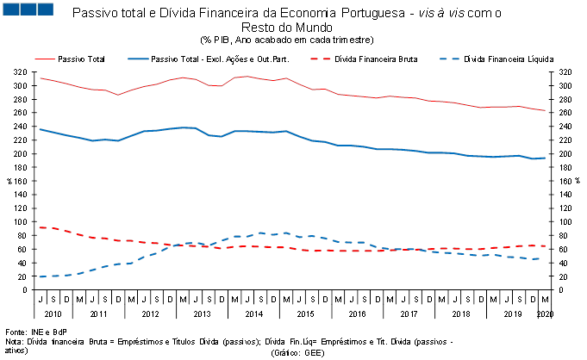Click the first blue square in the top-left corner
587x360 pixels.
click(x=10, y=9)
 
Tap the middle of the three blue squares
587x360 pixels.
click(x=28, y=9)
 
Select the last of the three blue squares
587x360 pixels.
click(x=45, y=9)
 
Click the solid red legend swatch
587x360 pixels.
click(x=45, y=59)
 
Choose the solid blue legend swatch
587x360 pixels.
click(x=138, y=59)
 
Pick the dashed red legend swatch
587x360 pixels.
click(x=321, y=59)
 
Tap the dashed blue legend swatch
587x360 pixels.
click(x=450, y=59)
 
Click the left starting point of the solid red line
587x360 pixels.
click(x=40, y=78)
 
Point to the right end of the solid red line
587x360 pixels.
click(x=546, y=110)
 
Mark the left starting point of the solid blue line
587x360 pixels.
click(x=40, y=129)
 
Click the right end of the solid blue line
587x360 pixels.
click(x=546, y=158)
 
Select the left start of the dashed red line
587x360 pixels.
click(x=40, y=227)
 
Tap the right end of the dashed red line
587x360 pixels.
click(x=546, y=245)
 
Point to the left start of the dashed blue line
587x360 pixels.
click(x=40, y=276)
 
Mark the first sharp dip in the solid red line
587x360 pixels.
click(x=118, y=95)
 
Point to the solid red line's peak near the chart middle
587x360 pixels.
click(x=247, y=77)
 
